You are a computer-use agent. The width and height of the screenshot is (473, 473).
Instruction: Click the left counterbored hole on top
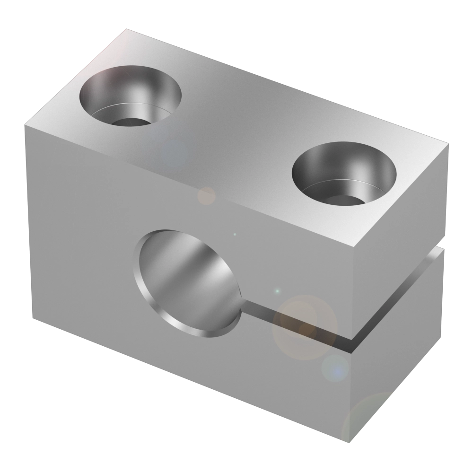tap(130, 97)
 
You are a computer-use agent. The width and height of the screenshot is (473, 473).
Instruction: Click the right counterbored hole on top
tap(343, 173)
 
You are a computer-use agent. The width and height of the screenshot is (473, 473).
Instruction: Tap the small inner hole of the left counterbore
tap(129, 122)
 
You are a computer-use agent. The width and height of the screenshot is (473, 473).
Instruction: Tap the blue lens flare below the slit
tap(336, 368)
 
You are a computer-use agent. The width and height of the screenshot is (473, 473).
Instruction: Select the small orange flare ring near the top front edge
tap(206, 195)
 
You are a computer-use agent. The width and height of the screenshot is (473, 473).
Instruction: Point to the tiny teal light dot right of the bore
tap(278, 291)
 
